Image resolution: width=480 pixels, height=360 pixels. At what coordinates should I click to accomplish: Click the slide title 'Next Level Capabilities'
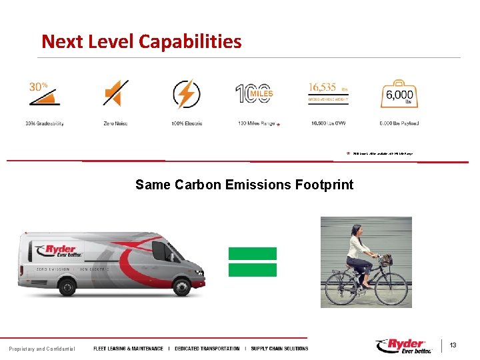pos(141,41)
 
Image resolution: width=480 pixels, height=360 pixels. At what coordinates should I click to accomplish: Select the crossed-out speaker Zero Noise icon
pos(115,94)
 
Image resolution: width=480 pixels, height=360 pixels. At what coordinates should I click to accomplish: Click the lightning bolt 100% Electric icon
pos(186,94)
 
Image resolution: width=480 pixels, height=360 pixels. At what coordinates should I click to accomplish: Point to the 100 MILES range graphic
pos(254,94)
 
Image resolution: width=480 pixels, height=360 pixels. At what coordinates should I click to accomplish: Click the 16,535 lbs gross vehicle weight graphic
pos(329,93)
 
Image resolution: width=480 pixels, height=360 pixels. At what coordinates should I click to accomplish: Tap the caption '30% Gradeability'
pos(45,123)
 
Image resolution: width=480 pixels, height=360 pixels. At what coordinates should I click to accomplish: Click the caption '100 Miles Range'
pos(256,123)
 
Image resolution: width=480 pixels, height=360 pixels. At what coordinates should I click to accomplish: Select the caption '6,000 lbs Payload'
pos(399,123)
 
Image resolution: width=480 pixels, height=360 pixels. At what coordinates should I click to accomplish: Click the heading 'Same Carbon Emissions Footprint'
pos(244,185)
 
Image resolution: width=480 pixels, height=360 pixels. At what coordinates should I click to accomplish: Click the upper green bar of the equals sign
pos(252,253)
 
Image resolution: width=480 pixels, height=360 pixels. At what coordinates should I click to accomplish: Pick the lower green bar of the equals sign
pos(252,269)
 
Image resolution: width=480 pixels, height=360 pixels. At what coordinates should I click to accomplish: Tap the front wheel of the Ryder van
pos(181,287)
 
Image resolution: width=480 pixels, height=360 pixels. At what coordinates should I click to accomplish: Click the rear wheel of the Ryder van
pos(68,287)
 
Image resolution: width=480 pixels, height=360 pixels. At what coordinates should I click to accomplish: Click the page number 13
pos(453,345)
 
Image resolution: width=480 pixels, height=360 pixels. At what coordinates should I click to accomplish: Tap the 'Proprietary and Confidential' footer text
pos(42,349)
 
